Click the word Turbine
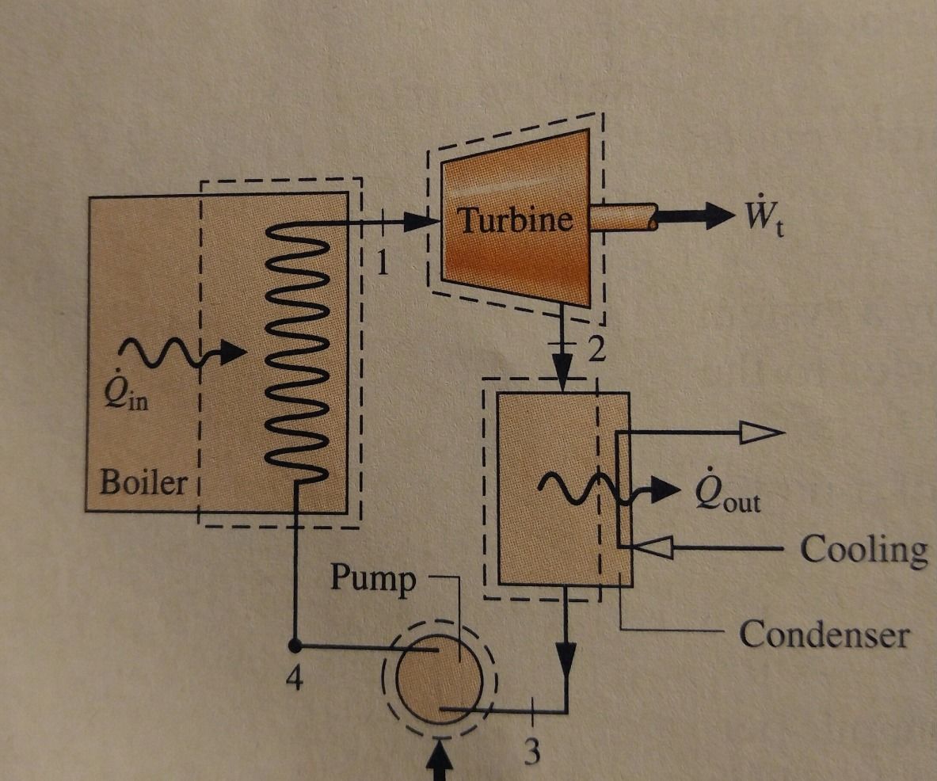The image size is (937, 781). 516,219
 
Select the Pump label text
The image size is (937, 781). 372,579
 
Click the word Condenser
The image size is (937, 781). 824,634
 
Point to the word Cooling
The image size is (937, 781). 863,549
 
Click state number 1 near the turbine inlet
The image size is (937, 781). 383,262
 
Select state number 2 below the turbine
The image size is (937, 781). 596,349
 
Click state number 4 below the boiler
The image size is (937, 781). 294,678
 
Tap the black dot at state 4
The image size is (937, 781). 295,644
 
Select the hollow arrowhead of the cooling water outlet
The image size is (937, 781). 760,432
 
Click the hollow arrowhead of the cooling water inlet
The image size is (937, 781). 654,547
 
